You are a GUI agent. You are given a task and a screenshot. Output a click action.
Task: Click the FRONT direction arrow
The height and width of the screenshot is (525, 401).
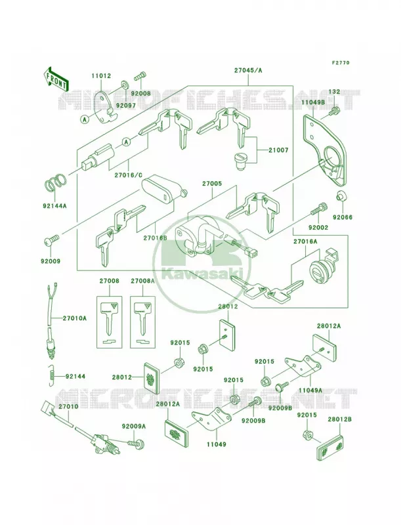pyautogui.click(x=56, y=79)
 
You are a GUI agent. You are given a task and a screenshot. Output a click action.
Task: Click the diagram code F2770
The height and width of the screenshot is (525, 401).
pyautogui.click(x=341, y=62)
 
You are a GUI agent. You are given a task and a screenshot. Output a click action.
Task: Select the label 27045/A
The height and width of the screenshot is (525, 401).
pyautogui.click(x=239, y=70)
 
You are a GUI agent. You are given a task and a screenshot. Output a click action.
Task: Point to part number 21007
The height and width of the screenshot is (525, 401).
pyautogui.click(x=278, y=151)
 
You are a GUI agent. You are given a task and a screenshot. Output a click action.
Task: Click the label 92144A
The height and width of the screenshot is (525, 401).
pyautogui.click(x=54, y=205)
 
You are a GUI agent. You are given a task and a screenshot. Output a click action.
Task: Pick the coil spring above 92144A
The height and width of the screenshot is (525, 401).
pyautogui.click(x=56, y=183)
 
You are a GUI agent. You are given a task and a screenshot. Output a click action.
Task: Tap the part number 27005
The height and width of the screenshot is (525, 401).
pyautogui.click(x=211, y=184)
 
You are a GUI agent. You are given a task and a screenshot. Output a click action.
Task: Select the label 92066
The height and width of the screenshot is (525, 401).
pyautogui.click(x=343, y=217)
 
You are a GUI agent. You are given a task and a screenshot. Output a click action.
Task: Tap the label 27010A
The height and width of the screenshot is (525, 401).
pyautogui.click(x=74, y=318)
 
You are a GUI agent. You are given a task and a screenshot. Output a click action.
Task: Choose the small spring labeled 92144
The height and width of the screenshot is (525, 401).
pyautogui.click(x=51, y=375)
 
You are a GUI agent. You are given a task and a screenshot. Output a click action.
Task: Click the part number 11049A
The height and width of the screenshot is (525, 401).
pyautogui.click(x=310, y=390)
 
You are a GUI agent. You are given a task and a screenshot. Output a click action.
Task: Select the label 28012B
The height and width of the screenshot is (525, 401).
pyautogui.click(x=339, y=419)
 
